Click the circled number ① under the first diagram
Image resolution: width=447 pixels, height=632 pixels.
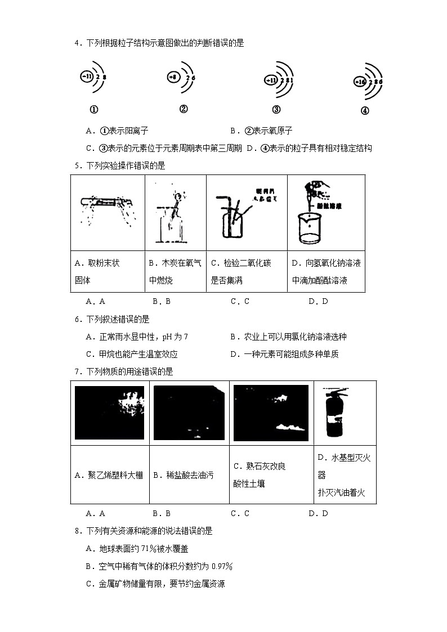point(94,110)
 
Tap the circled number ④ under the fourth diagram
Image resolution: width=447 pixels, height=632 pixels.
point(365,111)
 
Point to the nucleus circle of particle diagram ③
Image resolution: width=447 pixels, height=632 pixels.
point(271,80)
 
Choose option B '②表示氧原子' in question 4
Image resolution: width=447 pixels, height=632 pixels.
point(261,131)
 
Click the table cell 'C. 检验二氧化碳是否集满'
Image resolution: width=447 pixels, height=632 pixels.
point(247,271)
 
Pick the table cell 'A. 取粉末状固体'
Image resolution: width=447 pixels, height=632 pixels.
point(108,271)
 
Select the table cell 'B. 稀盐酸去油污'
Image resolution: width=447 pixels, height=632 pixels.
point(189,475)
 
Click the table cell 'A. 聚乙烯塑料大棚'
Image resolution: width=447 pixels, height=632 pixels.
point(110,475)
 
